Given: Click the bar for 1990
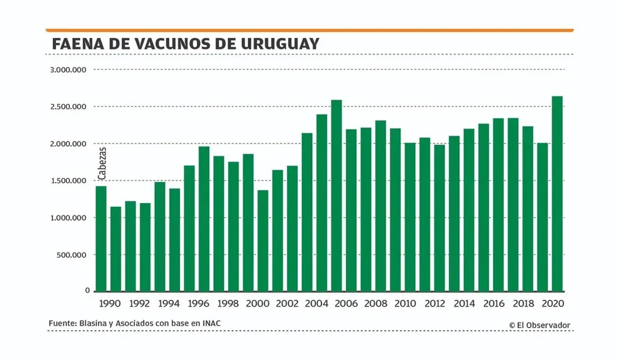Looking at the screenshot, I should point(101,239).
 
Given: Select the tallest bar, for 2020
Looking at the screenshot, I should point(557,194).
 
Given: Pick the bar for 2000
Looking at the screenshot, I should point(263,241).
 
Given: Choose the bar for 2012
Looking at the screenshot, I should point(439,218).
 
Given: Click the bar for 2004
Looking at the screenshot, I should point(322,203).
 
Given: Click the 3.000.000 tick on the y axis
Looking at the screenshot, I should point(69,70).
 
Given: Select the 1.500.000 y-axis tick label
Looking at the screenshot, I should point(69,181).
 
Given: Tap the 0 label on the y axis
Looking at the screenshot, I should point(87,291).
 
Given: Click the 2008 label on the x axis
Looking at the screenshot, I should point(375,305).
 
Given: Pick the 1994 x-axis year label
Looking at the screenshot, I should point(169,305).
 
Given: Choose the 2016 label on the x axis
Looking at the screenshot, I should point(493,305).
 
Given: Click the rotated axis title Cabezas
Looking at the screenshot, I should point(102,163).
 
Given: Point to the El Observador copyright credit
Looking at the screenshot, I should point(539,325).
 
